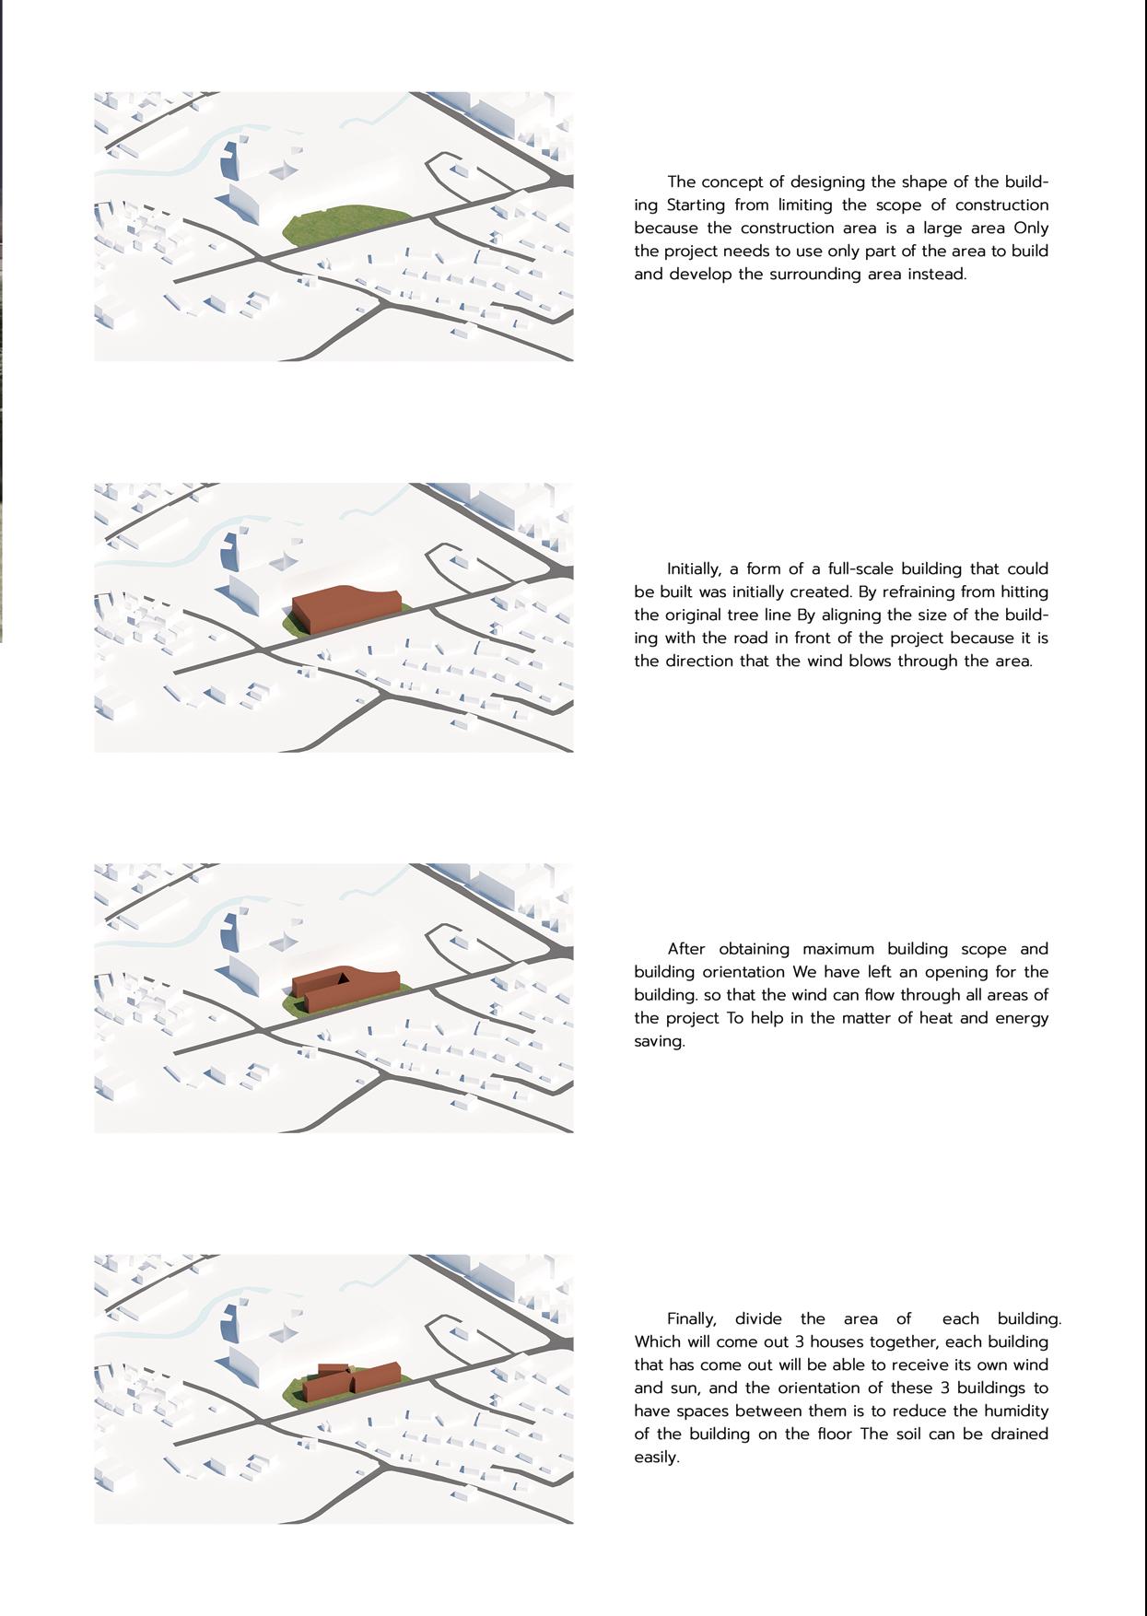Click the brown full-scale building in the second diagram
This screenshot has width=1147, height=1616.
pyautogui.click(x=345, y=608)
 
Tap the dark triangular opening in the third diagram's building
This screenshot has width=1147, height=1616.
pyautogui.click(x=343, y=978)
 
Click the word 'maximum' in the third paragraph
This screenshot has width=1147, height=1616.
pyautogui.click(x=837, y=949)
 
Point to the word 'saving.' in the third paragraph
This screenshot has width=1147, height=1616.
pyautogui.click(x=659, y=1041)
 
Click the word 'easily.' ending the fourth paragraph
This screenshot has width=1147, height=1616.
pyautogui.click(x=656, y=1457)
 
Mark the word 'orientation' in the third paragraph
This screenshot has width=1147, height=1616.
pyautogui.click(x=732, y=972)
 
